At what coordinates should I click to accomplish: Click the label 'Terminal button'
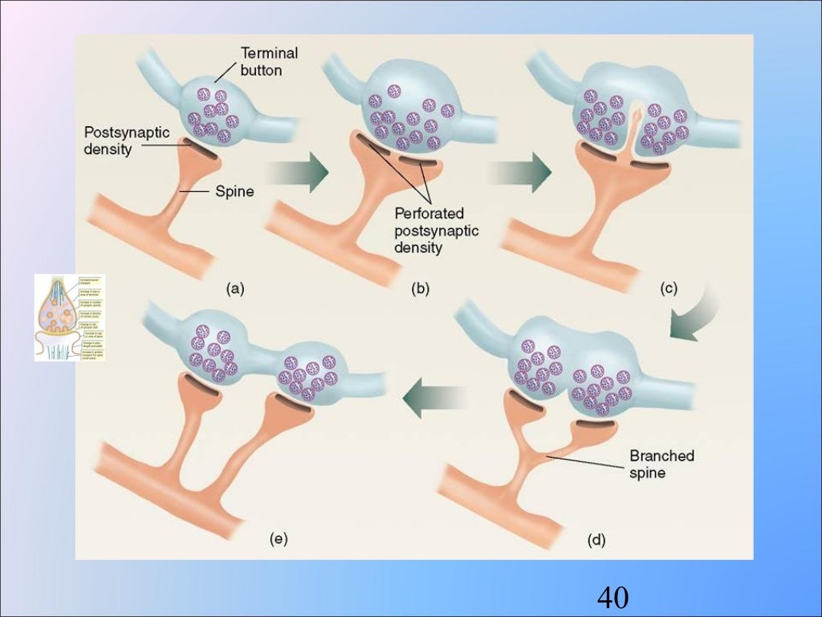point(270,61)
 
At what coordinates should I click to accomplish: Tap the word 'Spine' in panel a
point(234,192)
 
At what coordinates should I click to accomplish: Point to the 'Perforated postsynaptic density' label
point(436,231)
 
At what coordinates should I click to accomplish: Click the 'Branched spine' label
point(661,464)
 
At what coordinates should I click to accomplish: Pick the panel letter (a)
point(234,290)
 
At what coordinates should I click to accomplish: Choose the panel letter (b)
point(420,290)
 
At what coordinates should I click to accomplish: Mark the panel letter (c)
point(668,290)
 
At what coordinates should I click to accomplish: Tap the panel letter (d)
point(596,541)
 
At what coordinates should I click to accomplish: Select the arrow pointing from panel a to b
point(296,170)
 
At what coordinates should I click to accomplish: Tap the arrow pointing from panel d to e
point(433,398)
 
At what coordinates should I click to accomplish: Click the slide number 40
point(612,598)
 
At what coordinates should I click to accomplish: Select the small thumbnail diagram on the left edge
point(69,317)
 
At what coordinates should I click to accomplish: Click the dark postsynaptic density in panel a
point(201,151)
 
